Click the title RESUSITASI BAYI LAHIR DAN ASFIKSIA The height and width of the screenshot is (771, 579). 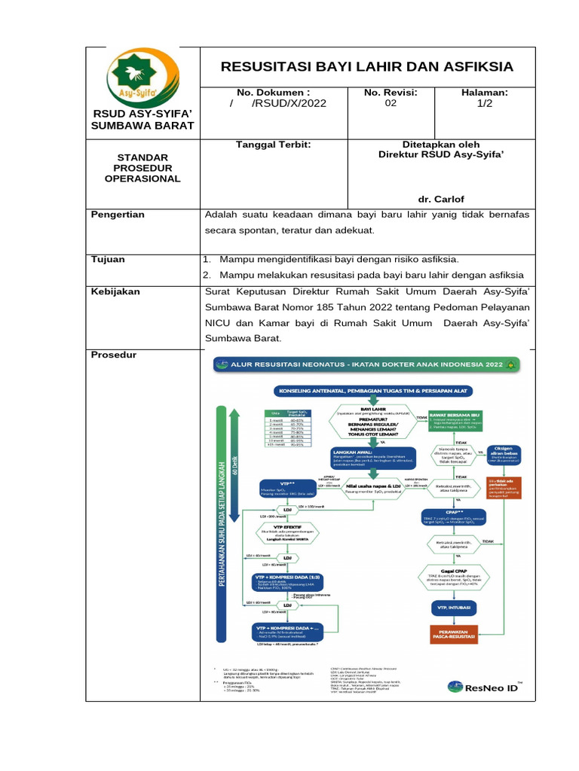(366, 67)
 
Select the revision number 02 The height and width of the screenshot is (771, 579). (390, 104)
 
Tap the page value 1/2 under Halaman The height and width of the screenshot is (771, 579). (484, 104)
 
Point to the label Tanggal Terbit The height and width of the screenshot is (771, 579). (273, 145)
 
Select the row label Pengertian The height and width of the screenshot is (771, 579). (118, 215)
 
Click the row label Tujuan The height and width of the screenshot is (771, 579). (108, 259)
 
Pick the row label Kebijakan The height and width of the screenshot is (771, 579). (115, 291)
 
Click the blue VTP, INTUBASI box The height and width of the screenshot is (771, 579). (455, 605)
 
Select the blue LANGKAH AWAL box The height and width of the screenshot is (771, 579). (360, 459)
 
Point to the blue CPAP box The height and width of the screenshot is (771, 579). (455, 519)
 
